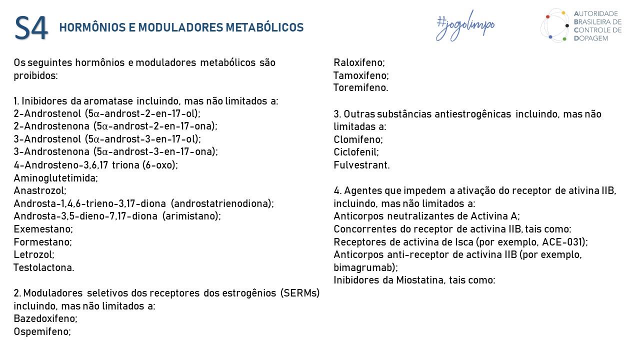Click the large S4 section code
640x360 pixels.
coord(31,28)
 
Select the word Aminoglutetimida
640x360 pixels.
coord(55,178)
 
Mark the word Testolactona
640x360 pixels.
coord(43,267)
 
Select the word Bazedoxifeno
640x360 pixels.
coord(45,318)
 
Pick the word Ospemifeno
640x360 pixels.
coord(42,331)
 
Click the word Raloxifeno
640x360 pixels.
coord(359,63)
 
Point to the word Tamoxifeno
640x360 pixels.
coord(361,75)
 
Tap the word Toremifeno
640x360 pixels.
coord(360,88)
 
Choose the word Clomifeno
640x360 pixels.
coord(358,139)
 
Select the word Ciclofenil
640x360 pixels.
coord(356,152)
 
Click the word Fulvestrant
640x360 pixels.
coord(361,165)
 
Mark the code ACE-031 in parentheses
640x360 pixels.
coord(562,242)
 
